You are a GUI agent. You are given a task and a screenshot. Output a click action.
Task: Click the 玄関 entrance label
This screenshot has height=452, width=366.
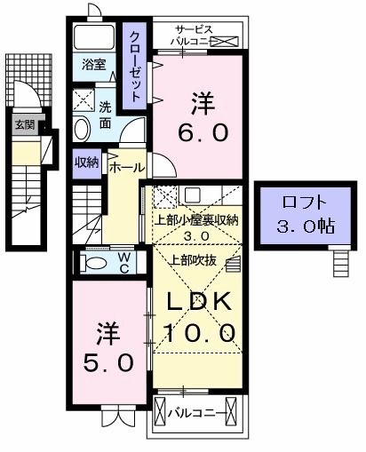click(x=24, y=124)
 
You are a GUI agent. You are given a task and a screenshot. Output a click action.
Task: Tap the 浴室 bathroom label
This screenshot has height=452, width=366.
click(x=93, y=64)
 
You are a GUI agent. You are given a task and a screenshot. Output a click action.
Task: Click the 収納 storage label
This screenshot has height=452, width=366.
click(x=86, y=162)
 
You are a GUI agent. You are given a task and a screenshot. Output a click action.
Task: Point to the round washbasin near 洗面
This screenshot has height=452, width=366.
click(x=81, y=129)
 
